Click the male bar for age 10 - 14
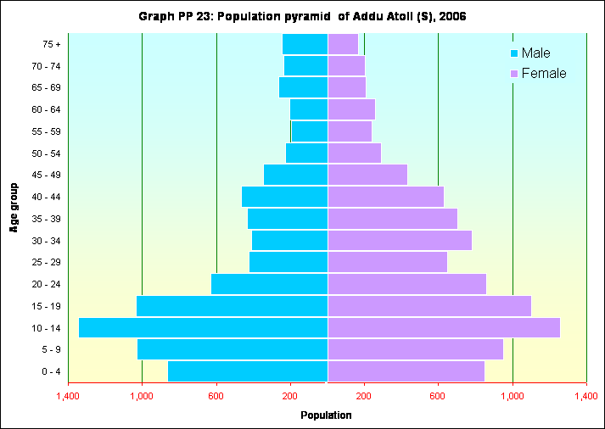203,327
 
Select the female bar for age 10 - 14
444,327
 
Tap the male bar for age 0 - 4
248,371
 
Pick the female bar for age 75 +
343,44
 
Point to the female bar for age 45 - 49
367,175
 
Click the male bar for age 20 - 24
269,284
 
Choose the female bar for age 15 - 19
429,306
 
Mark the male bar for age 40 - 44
284,197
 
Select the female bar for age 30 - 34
400,241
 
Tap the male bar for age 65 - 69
303,87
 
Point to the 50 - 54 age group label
45,153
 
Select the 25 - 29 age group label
45,263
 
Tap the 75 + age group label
51,44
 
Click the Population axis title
327,415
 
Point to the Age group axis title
14,207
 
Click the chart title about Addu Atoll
302,17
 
